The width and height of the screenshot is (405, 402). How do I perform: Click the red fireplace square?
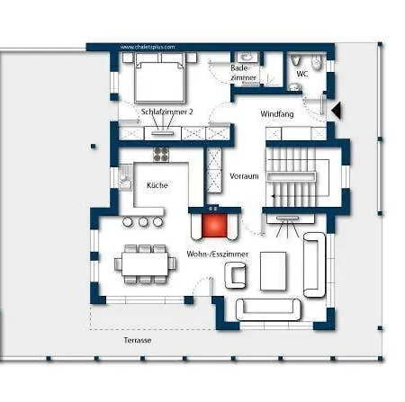pos(214,226)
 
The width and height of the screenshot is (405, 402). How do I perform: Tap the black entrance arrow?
pos(337,110)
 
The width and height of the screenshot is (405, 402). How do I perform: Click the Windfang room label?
pos(277,114)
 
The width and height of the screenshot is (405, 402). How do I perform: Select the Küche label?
pos(157,185)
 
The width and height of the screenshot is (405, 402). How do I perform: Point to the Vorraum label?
pos(244,176)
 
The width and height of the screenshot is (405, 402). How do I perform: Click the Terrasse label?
pos(138,340)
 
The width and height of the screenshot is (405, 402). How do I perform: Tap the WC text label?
pos(301,74)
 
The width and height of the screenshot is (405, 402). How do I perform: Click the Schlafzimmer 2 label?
pos(166,112)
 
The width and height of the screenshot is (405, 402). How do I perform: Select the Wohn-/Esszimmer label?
pos(218,255)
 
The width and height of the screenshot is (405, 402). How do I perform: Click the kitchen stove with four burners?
pos(161,155)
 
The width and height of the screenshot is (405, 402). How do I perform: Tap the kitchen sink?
pos(125,177)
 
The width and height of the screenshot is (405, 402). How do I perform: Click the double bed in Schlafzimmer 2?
pos(159,77)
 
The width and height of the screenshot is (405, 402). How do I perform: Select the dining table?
pos(145,264)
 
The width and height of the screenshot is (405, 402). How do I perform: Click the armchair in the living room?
pos(236,275)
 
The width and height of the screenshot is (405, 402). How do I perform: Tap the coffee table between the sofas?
pos(273,272)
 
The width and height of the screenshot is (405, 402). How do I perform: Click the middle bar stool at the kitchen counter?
pos(143,221)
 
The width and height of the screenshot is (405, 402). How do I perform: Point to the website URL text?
pos(148,47)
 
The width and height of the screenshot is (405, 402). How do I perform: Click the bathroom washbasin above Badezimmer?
pos(247,57)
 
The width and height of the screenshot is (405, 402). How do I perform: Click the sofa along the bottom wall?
pos(268,309)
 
